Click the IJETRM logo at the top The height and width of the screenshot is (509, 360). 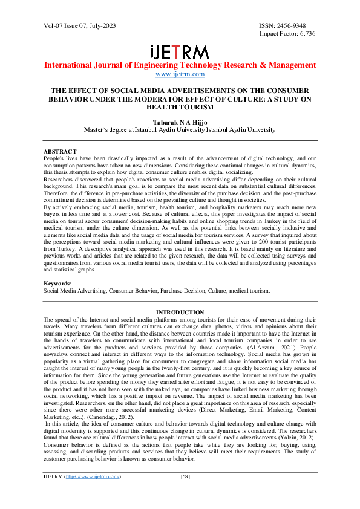pos(179,51)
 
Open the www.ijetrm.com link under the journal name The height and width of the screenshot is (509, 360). pos(180,74)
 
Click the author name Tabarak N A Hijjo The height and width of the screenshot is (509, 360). pos(180,121)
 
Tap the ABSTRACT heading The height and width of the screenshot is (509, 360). pos(60,151)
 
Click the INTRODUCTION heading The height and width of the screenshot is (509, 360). pos(180,313)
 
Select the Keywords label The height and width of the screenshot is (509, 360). pos(57,283)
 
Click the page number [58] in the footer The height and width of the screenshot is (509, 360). pos(186,493)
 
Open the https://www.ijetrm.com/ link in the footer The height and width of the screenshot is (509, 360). pos(90,493)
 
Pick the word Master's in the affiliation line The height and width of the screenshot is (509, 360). pos(97,129)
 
